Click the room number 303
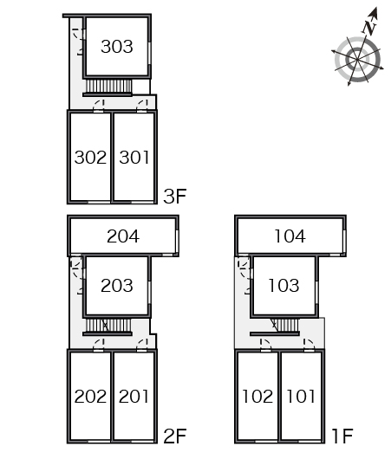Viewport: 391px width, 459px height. point(117,47)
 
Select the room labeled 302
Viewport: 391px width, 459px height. point(90,158)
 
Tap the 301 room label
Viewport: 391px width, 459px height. point(134,158)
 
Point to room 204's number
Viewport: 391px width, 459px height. point(123,236)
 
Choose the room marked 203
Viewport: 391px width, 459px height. point(117,286)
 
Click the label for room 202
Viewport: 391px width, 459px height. point(90,397)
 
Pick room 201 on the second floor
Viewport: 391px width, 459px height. point(134,397)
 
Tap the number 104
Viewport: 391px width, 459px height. point(290,236)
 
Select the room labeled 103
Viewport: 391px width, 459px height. point(283,286)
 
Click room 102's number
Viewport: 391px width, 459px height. point(257,397)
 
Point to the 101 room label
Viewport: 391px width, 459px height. point(301,397)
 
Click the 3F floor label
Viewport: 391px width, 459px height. point(174,197)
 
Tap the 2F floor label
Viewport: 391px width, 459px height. point(175,436)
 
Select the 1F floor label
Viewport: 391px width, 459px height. point(342,436)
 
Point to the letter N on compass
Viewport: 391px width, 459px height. point(368,28)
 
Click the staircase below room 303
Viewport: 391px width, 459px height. point(108,86)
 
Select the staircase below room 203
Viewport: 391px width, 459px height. point(108,326)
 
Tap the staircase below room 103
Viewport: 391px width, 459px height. point(283,326)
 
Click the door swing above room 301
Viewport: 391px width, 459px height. point(142,105)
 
